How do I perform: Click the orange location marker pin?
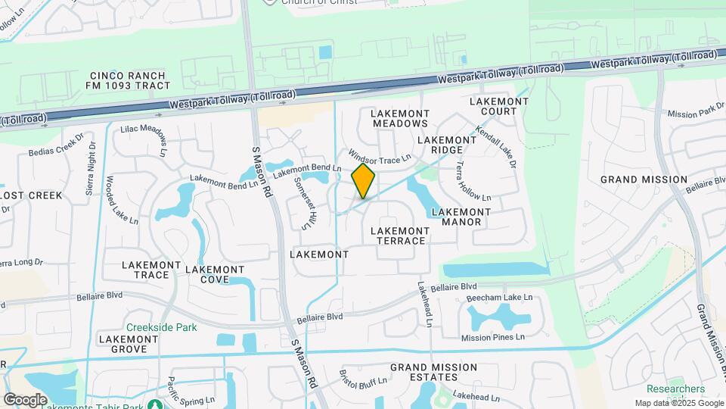click(364, 181)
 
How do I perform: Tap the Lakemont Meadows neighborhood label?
click(400, 117)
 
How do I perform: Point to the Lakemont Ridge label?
click(446, 145)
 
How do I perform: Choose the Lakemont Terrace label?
click(400, 236)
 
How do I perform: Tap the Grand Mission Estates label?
click(433, 373)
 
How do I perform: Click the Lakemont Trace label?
click(152, 270)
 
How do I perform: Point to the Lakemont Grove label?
click(128, 344)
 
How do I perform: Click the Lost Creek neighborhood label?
click(30, 195)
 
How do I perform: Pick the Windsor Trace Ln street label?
click(378, 157)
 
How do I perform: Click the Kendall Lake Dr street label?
click(497, 146)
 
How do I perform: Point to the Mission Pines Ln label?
click(492, 337)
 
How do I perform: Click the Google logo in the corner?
click(25, 399)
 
